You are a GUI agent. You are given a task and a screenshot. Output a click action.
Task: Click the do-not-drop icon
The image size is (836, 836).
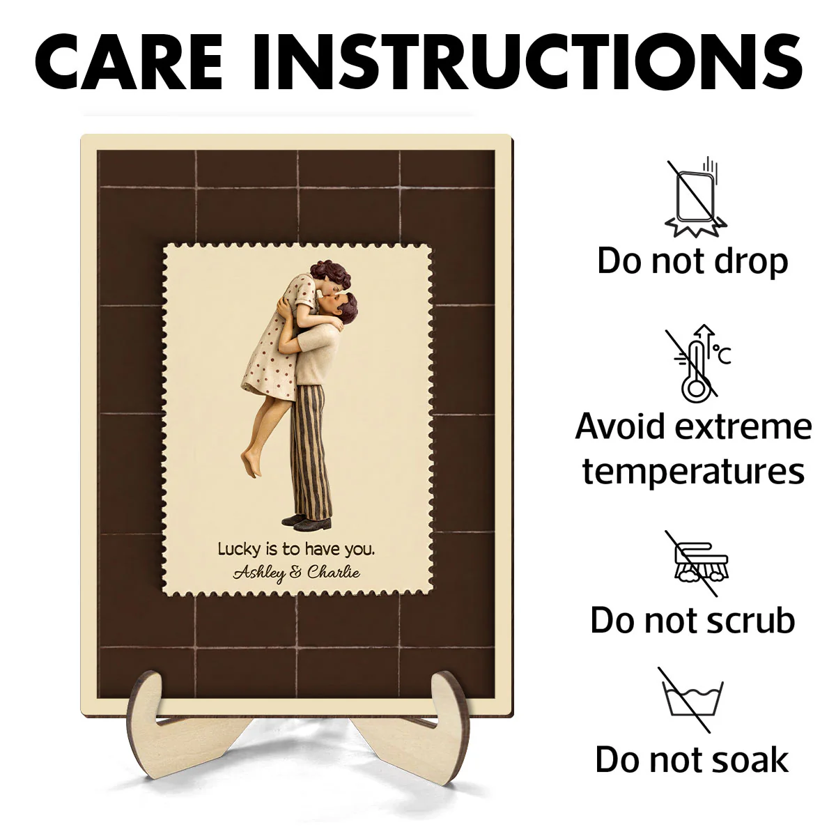(x=695, y=197)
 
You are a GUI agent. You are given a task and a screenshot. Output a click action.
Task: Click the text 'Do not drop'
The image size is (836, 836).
(x=692, y=262)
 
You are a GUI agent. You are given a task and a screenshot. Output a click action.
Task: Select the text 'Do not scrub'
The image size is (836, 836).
(x=692, y=621)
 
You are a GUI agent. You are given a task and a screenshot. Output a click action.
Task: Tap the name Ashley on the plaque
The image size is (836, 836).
(x=259, y=574)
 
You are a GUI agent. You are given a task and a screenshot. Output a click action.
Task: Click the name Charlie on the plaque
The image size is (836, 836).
(x=334, y=572)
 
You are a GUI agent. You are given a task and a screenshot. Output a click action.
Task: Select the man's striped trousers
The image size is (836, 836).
(x=312, y=451)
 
